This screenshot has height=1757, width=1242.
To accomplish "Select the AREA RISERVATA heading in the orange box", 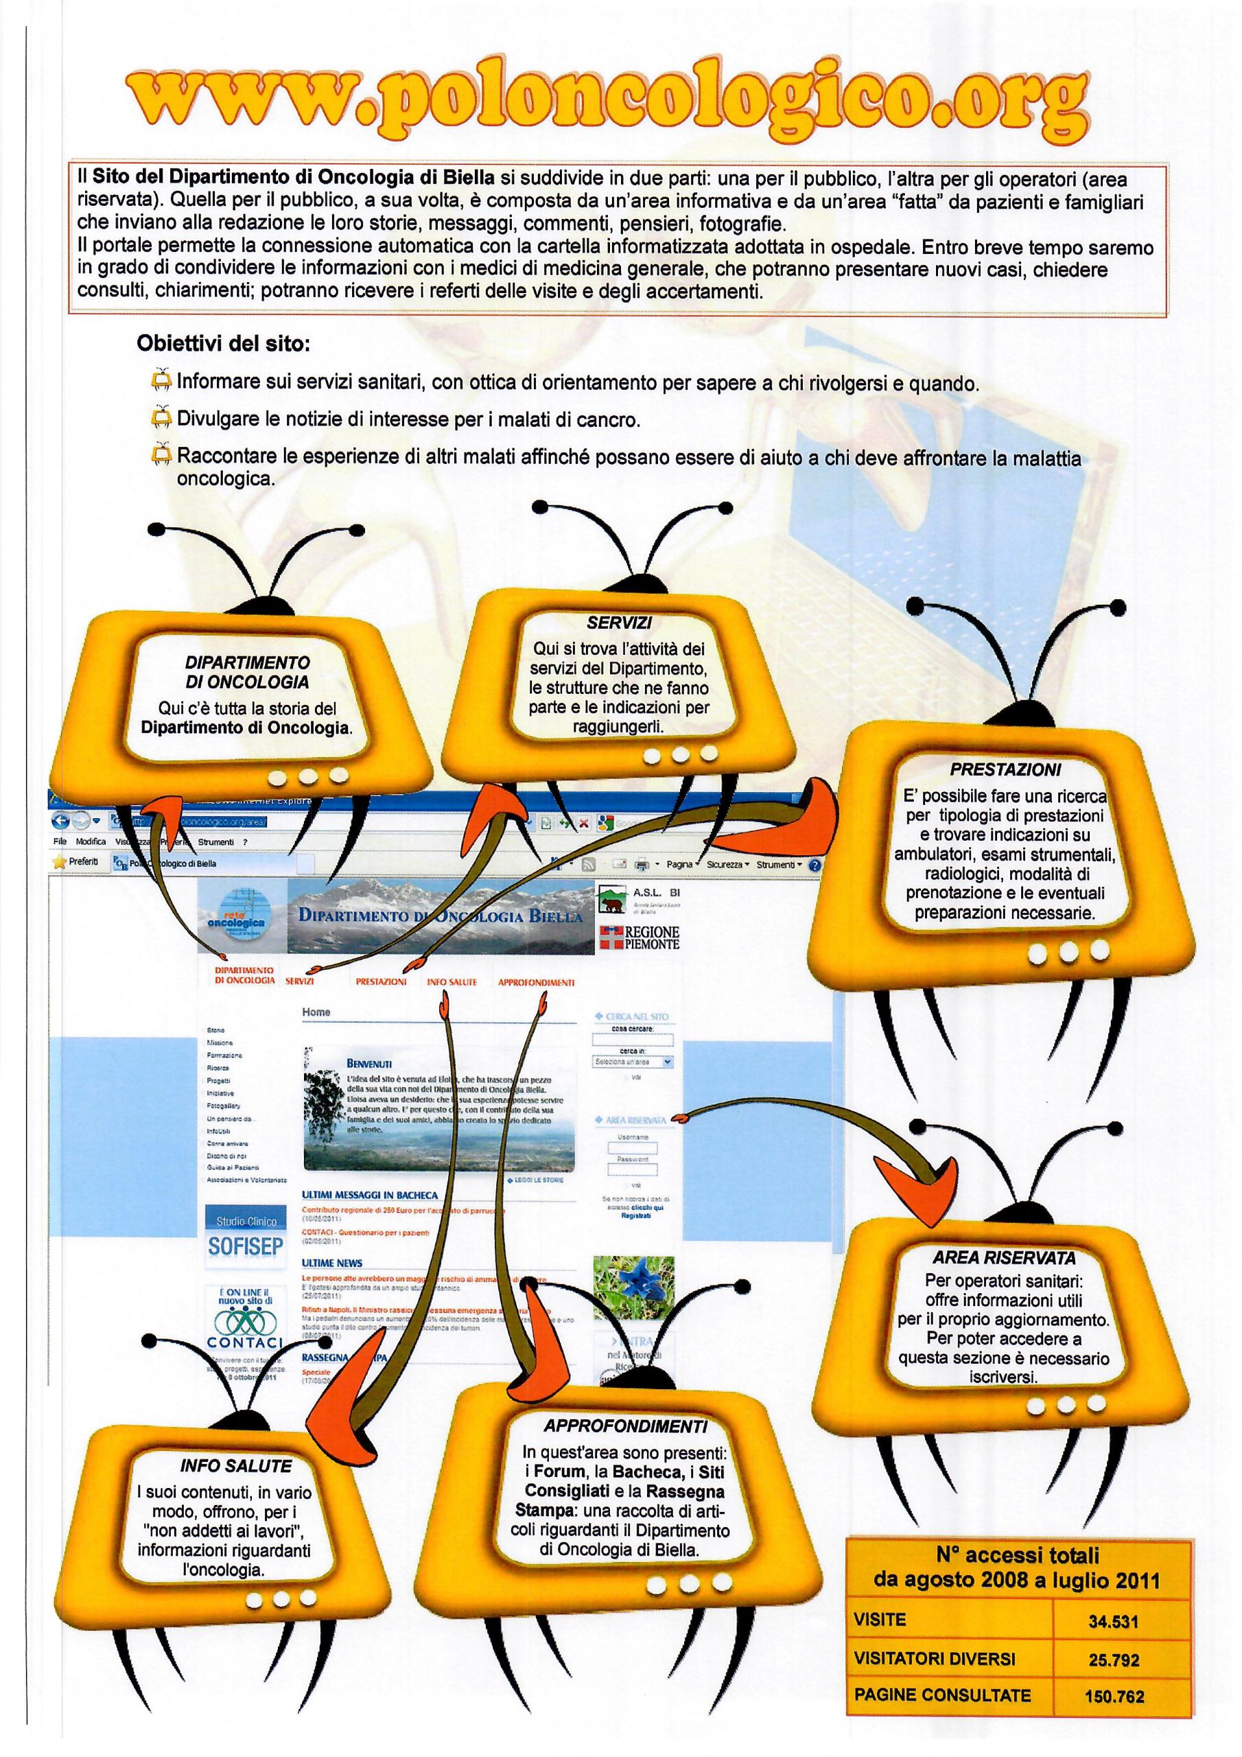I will pyautogui.click(x=1004, y=1257).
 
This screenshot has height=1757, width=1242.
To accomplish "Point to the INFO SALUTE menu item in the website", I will pyautogui.click(x=452, y=982).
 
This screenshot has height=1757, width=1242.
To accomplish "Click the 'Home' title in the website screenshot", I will pyautogui.click(x=316, y=1012).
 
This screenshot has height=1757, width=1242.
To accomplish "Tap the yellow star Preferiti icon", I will pyautogui.click(x=58, y=861).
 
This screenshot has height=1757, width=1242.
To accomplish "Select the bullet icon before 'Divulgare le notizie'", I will pyautogui.click(x=161, y=418).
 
